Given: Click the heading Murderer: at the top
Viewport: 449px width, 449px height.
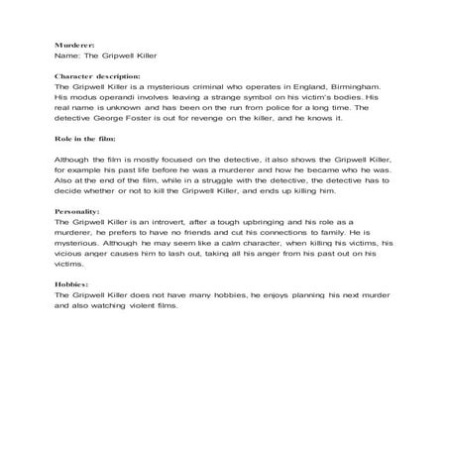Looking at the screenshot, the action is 74,46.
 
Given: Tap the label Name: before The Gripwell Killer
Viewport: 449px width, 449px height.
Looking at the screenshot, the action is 69,58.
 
